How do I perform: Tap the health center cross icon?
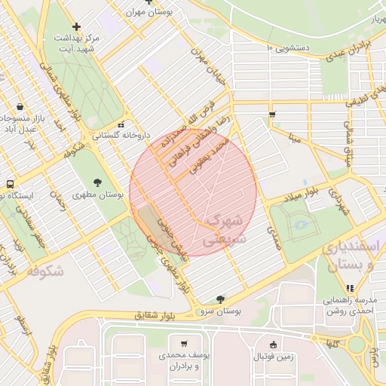[x=76, y=26]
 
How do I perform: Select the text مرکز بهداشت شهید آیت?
[x=73, y=43]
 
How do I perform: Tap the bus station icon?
[x=10, y=184]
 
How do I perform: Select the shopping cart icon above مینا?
[x=272, y=115]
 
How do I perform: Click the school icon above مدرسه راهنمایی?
[x=349, y=287]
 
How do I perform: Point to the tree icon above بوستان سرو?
[x=219, y=299]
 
